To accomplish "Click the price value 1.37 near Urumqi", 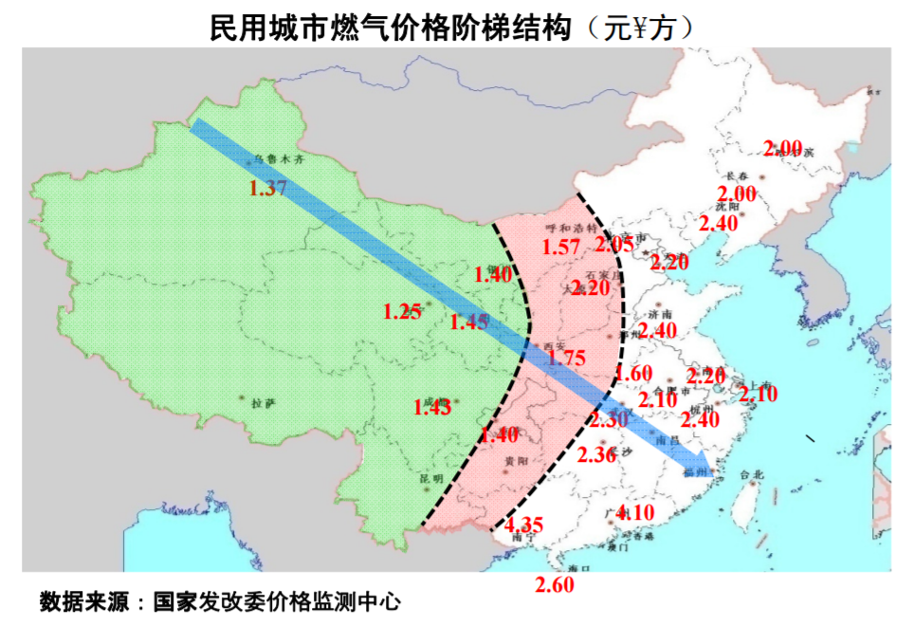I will pos(268,188).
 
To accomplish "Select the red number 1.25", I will pos(402,311).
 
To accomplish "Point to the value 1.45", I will pos(469,322).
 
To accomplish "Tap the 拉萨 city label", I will pos(264,403).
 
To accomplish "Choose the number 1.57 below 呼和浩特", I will pos(560,248).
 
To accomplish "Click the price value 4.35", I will pos(523,525).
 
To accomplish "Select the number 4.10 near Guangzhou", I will pos(634,513).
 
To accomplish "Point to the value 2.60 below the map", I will pos(555,585).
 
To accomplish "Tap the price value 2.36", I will pos(596,454).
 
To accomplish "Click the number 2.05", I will pos(614,244).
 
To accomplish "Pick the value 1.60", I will pos(632,374).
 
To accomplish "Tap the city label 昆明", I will pos(431,479).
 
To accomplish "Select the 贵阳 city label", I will pos(517,460).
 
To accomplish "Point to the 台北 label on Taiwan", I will pos(751,473).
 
